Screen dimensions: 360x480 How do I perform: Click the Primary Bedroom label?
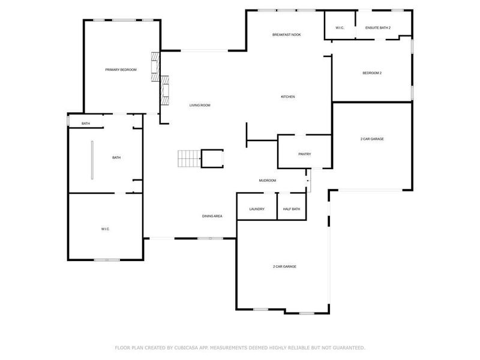pos(121,70)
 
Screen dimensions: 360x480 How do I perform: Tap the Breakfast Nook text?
pos(286,35)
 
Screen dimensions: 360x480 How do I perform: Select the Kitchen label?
pos(288,97)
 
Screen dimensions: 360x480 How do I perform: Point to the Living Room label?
pos(200,105)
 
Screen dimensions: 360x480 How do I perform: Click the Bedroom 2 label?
pos(372,73)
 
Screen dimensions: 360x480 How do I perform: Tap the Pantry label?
pos(304,154)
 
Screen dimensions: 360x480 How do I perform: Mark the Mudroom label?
pos(268,181)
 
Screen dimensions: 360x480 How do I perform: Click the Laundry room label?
pos(257,209)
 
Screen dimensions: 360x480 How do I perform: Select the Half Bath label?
pos(292,209)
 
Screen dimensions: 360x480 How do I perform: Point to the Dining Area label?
pos(212,216)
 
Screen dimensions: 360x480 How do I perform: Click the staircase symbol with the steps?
pos(188,158)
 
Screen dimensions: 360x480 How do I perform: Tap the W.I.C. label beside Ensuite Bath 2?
pos(340,28)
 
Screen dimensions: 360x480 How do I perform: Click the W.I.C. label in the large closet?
pos(105,229)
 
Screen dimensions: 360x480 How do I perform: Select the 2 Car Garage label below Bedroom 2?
pos(372,139)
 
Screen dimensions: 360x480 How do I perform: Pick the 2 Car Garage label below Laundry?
pos(284,266)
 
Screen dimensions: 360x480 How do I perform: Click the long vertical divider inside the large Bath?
pos(92,160)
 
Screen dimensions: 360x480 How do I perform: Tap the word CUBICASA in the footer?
pos(190,347)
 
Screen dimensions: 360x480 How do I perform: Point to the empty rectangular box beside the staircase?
pos(212,158)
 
